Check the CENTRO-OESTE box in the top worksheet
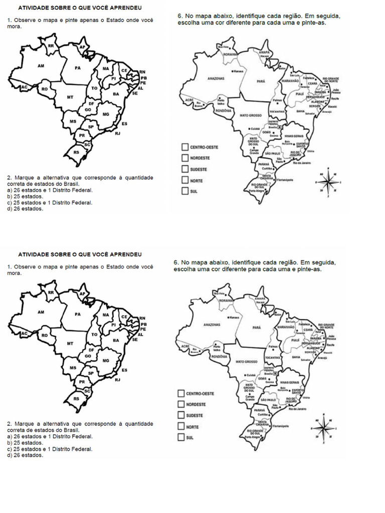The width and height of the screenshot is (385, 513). (184, 147)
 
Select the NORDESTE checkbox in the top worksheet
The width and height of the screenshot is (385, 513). (184, 158)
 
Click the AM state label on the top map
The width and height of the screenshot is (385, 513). (41, 66)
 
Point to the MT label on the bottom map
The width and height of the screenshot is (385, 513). (70, 344)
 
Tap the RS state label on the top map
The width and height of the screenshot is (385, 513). (77, 152)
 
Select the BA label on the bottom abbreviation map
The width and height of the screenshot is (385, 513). (116, 340)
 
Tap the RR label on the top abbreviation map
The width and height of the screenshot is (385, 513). (51, 46)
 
